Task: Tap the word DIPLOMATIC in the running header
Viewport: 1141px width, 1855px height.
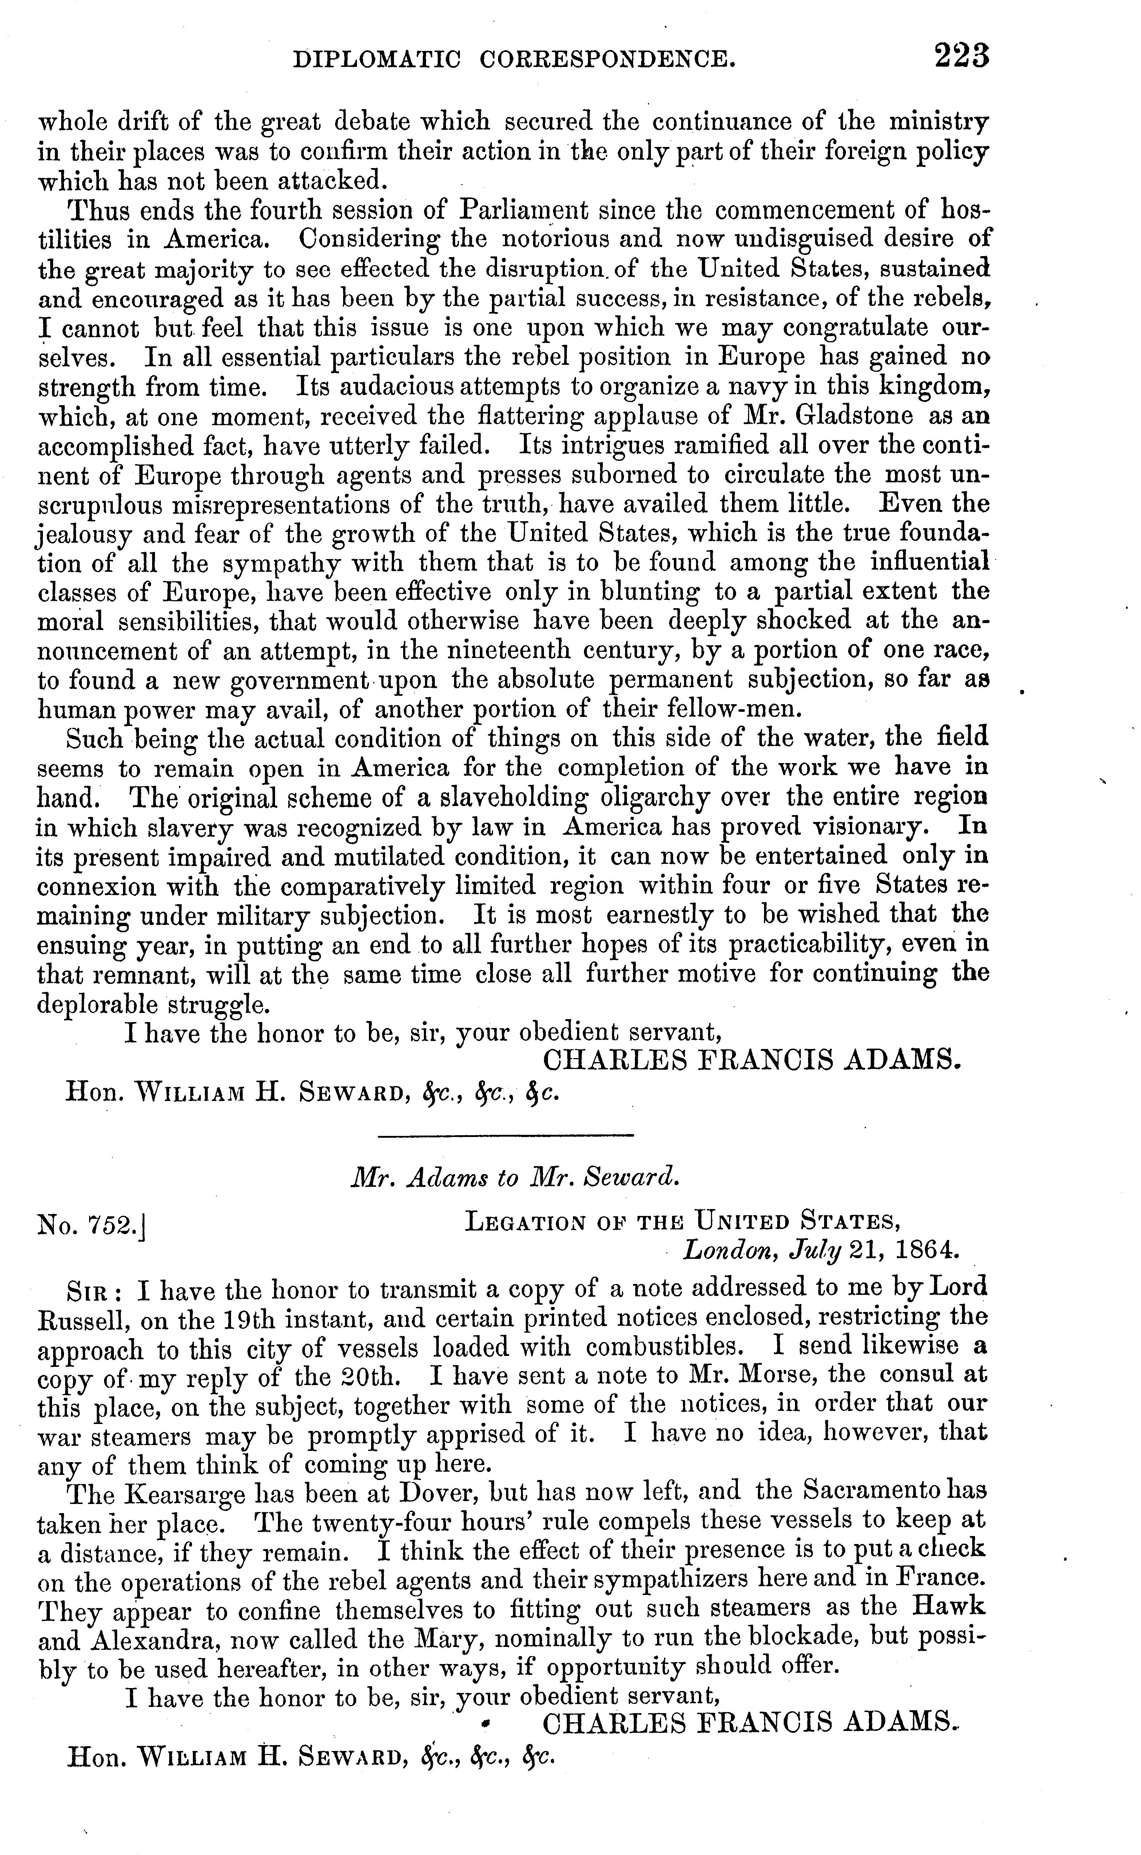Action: (x=376, y=59)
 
